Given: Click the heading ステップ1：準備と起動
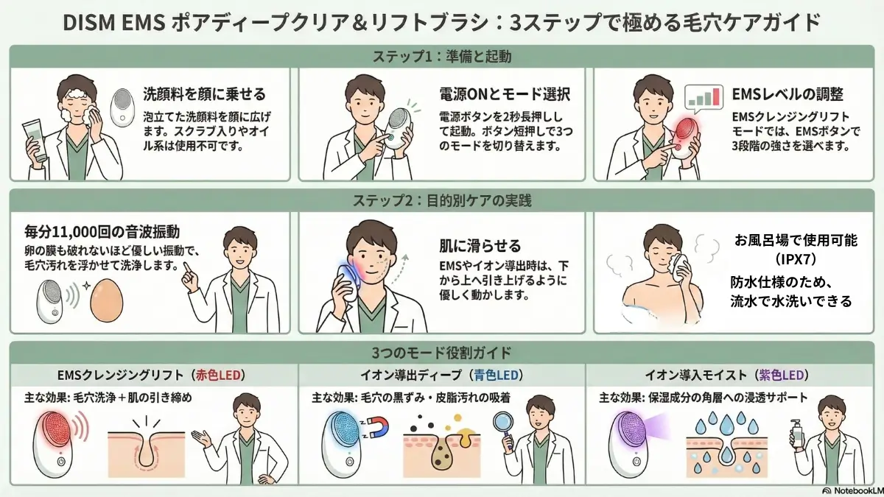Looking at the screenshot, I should pos(442,56).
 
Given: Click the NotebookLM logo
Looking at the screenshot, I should pos(849,490).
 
